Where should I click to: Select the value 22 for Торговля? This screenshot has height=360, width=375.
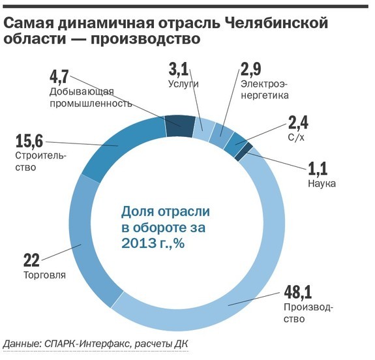(x=32, y=260)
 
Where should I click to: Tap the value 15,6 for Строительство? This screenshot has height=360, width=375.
(x=30, y=140)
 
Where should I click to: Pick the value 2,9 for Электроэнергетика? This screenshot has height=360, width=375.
(x=254, y=70)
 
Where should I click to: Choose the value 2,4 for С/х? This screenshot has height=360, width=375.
(x=299, y=123)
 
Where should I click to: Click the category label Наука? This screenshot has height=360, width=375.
(x=320, y=183)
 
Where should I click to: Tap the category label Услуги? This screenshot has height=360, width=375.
(x=183, y=84)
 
